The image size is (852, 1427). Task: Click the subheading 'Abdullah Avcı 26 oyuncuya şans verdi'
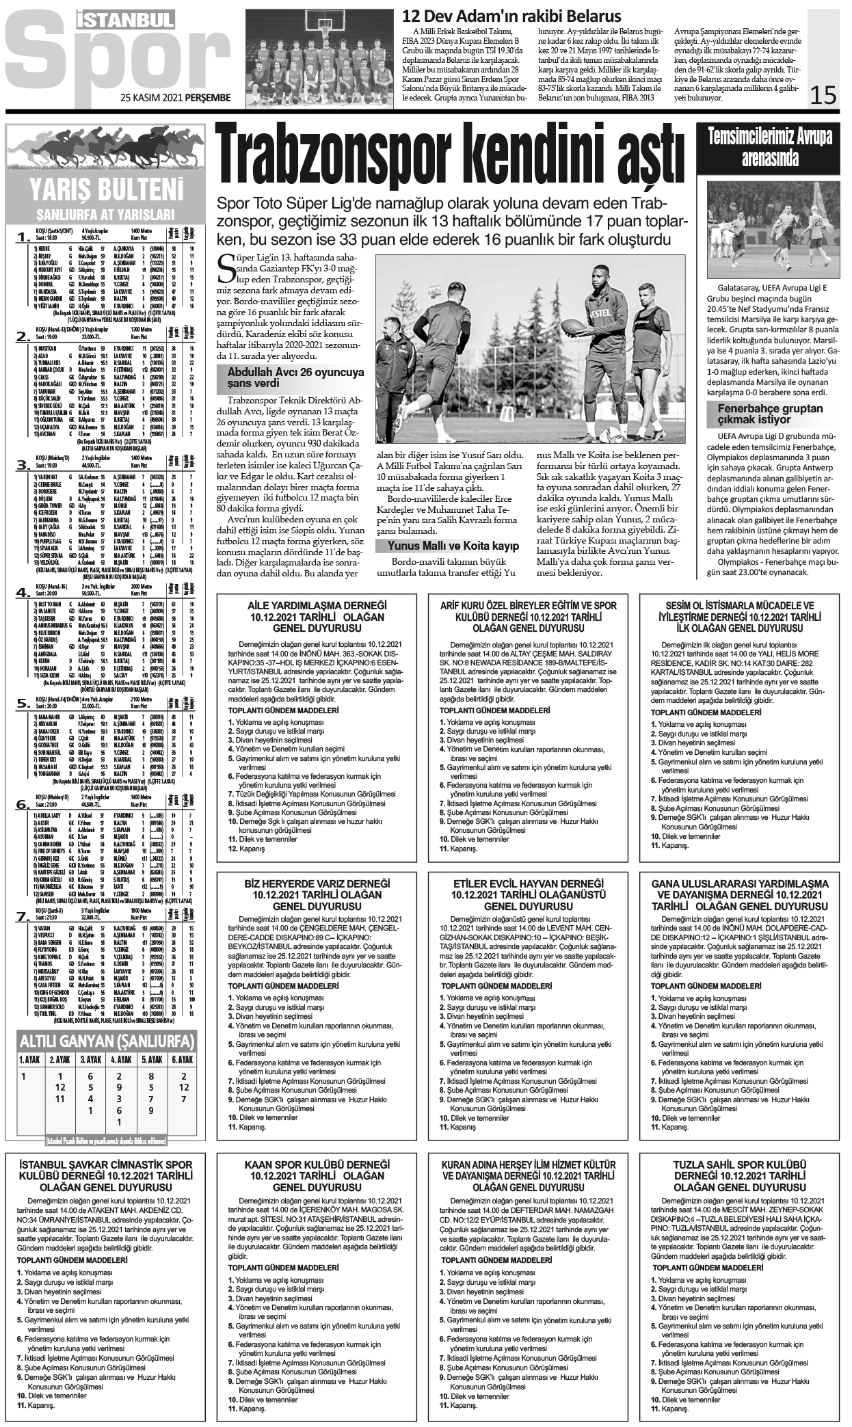coord(291,377)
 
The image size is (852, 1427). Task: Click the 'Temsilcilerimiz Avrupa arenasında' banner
coord(770,148)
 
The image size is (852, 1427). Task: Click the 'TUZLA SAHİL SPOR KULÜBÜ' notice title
coord(739,1175)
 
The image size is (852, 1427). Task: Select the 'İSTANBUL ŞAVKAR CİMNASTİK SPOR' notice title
coord(105,1175)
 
